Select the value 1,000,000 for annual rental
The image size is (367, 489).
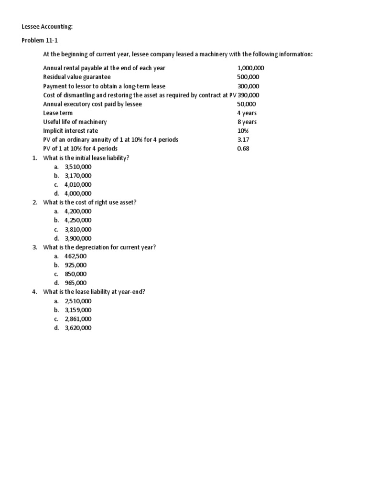pyautogui.click(x=250, y=68)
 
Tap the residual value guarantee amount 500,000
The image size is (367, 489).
pyautogui.click(x=248, y=77)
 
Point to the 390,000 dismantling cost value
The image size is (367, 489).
pyautogui.click(x=248, y=95)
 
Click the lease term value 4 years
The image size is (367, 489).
pyautogui.click(x=247, y=113)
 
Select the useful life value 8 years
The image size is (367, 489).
pyautogui.click(x=247, y=122)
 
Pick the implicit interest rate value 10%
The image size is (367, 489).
pyautogui.click(x=243, y=131)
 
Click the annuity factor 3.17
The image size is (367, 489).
pyautogui.click(x=243, y=139)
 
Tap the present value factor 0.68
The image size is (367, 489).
pyautogui.click(x=243, y=149)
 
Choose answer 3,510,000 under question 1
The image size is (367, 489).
pyautogui.click(x=78, y=167)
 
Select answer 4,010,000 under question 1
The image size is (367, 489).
pyautogui.click(x=78, y=184)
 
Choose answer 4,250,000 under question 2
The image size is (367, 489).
pyautogui.click(x=78, y=220)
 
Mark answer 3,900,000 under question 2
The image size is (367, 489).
pyautogui.click(x=78, y=238)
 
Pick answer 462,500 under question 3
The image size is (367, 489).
pyautogui.click(x=76, y=256)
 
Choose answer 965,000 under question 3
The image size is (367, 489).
pyautogui.click(x=76, y=283)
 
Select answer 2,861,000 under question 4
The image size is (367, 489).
pyautogui.click(x=78, y=319)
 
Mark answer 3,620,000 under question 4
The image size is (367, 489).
pyautogui.click(x=78, y=328)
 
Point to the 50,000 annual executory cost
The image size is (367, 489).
pyautogui.click(x=247, y=104)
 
